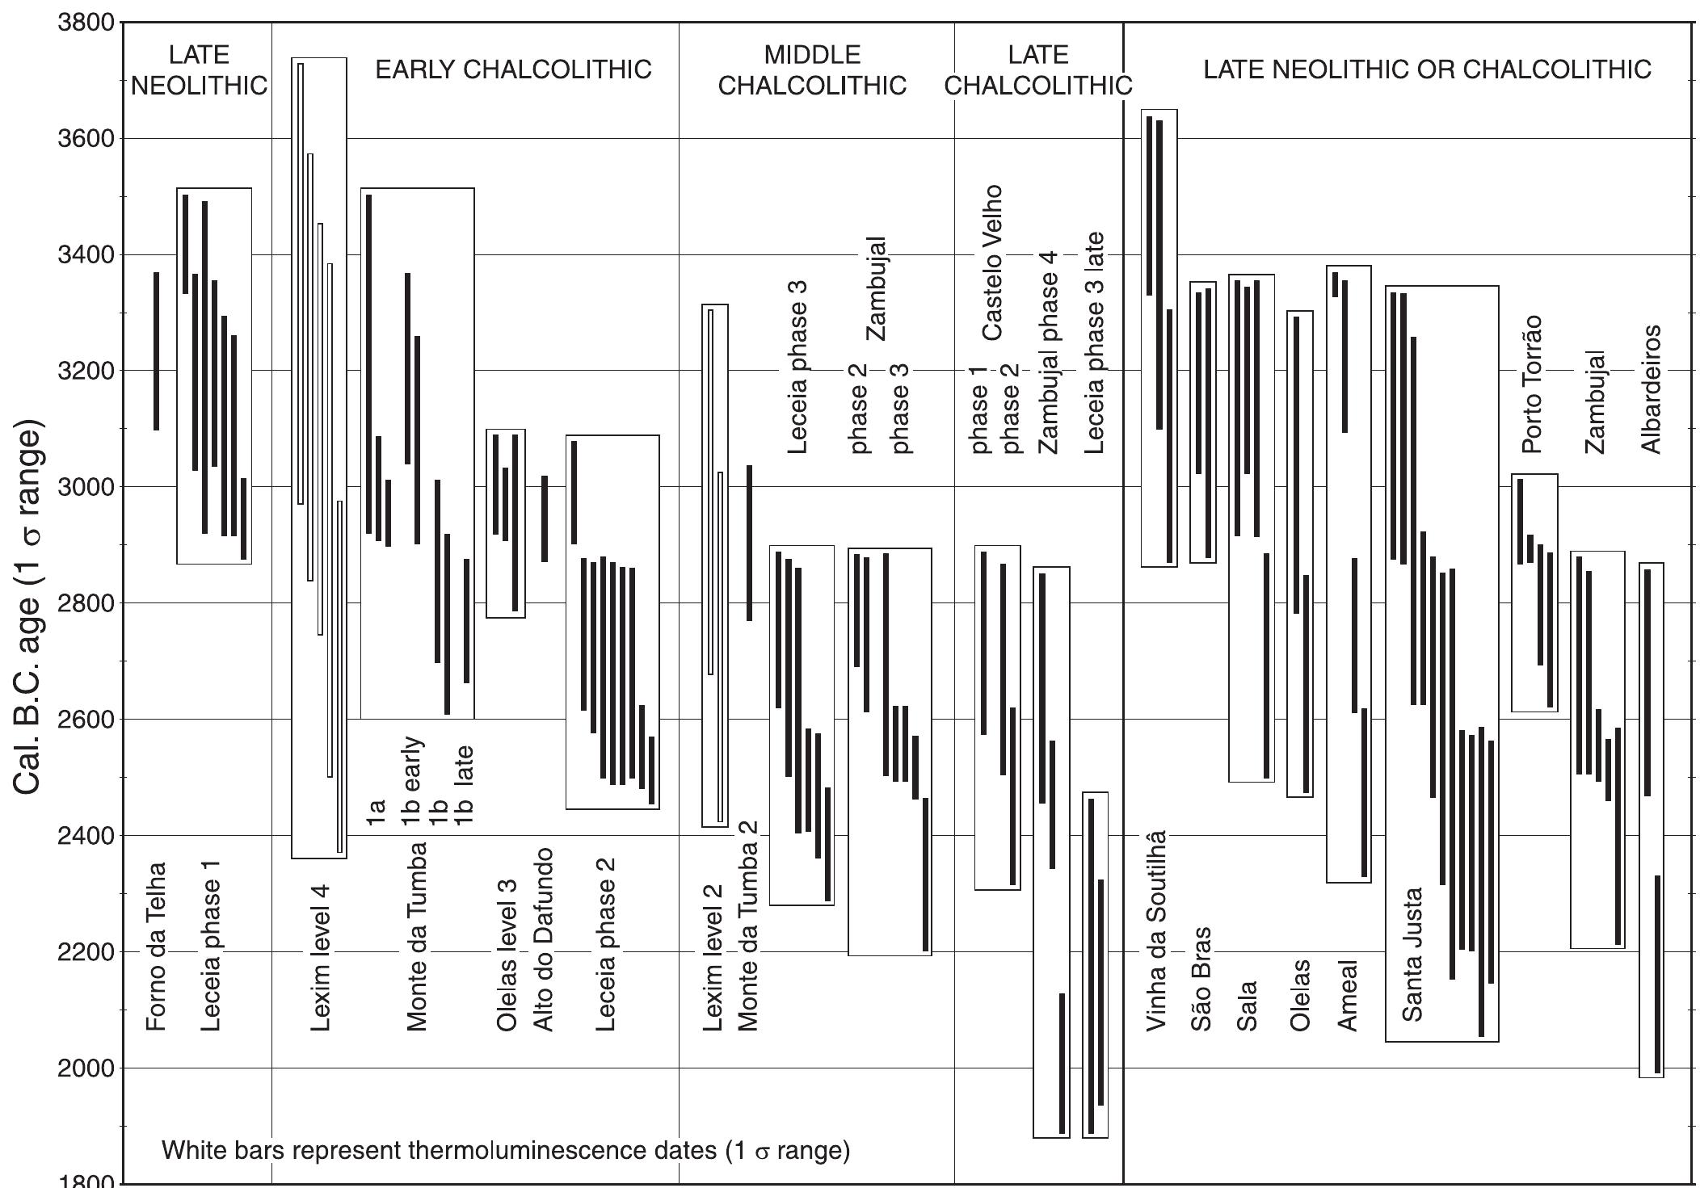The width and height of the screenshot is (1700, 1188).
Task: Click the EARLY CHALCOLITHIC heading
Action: click(x=513, y=70)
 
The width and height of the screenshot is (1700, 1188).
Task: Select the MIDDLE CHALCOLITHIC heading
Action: click(x=812, y=70)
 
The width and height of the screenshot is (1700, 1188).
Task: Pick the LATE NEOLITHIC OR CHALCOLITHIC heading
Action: click(x=1427, y=70)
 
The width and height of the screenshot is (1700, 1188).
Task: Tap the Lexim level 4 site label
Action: click(x=321, y=957)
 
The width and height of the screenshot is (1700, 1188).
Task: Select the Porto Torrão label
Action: click(x=1532, y=384)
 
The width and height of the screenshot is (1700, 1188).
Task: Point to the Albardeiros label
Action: click(x=1651, y=389)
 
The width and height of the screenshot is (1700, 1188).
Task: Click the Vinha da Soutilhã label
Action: click(x=1156, y=930)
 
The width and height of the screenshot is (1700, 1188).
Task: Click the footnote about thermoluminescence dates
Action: click(x=506, y=1150)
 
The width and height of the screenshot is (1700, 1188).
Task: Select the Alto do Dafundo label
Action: click(x=544, y=939)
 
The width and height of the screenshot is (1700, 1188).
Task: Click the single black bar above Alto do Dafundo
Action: click(x=545, y=518)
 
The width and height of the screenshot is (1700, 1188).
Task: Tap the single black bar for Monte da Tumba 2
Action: click(x=749, y=543)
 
